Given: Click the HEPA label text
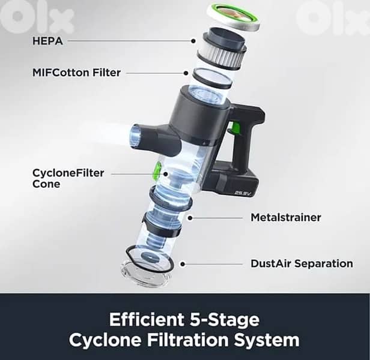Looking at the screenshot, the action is click(47, 41).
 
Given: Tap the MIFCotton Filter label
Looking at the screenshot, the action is click(76, 73).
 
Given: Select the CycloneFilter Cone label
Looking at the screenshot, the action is click(68, 178).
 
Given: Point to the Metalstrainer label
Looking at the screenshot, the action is click(286, 217).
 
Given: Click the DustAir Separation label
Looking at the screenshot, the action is click(302, 263).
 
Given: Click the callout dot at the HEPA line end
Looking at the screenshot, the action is click(193, 41).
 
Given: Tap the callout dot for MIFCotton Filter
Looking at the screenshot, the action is click(186, 73).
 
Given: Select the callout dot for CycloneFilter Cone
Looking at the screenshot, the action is click(166, 174).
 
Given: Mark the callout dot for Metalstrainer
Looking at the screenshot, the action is click(190, 218).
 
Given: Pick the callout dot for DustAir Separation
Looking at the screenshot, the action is click(183, 264).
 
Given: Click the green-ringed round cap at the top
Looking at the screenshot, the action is click(233, 17).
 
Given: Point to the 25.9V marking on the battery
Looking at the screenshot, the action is click(243, 193).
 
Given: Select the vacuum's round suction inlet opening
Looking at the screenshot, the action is click(136, 137).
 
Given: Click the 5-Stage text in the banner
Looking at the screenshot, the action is click(225, 319).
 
